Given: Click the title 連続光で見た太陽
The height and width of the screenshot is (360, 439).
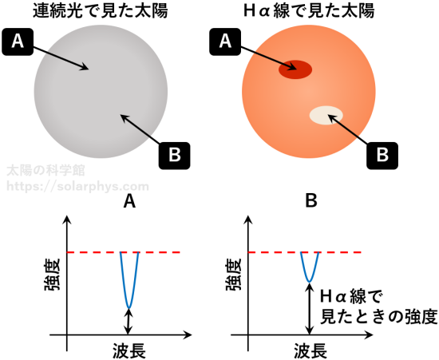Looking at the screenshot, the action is click(x=101, y=11).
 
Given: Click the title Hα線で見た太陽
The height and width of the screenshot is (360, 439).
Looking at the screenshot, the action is click(x=309, y=11).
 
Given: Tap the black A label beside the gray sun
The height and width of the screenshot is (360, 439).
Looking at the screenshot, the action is click(x=18, y=42).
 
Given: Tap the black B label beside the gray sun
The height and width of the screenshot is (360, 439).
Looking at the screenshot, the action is click(x=175, y=156).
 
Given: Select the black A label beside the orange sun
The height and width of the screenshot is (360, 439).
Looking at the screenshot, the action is click(x=225, y=42).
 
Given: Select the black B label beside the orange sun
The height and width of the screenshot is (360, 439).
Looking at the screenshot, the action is click(x=382, y=156).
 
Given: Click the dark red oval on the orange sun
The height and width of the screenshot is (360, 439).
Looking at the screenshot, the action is click(x=295, y=69).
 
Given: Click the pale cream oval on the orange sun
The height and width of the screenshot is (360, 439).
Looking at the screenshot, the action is click(x=326, y=115).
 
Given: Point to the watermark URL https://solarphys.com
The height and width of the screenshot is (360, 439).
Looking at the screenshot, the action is click(x=77, y=187).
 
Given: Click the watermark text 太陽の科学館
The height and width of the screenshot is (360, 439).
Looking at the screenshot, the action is click(x=45, y=170).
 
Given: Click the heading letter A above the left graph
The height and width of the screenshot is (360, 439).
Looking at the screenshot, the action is click(x=129, y=201).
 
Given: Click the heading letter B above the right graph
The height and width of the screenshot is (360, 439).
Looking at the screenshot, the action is click(x=311, y=201).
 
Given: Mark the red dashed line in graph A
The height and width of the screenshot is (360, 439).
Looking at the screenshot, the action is click(x=123, y=252).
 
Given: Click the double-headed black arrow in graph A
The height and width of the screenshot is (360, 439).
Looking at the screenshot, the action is click(x=129, y=322).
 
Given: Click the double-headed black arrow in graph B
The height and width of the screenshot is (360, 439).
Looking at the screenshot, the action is click(x=310, y=308).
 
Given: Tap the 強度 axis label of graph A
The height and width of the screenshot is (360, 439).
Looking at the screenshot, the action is click(x=53, y=275).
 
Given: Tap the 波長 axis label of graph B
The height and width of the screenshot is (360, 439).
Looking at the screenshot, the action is click(x=310, y=350).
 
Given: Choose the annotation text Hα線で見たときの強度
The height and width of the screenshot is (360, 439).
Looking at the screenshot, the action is click(x=378, y=307).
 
